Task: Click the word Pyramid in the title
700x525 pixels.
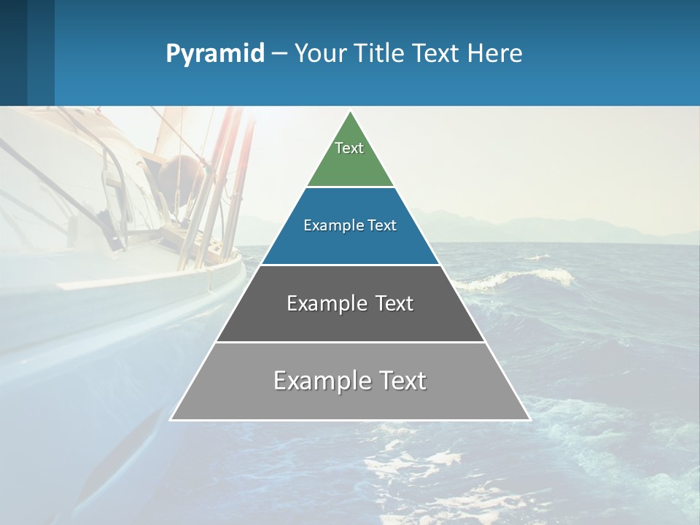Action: pos(215,54)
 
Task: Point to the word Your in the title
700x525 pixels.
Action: pos(321,54)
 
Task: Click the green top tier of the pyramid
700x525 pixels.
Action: pos(350,164)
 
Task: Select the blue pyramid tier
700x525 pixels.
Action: pos(350,244)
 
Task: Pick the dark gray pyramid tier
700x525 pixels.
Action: pos(350,321)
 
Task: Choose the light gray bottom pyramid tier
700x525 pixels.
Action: pos(350,400)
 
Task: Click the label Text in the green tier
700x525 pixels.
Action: pos(349,148)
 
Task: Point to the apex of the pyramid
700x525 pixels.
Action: pos(351,112)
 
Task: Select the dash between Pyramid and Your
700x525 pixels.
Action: pos(279,54)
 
